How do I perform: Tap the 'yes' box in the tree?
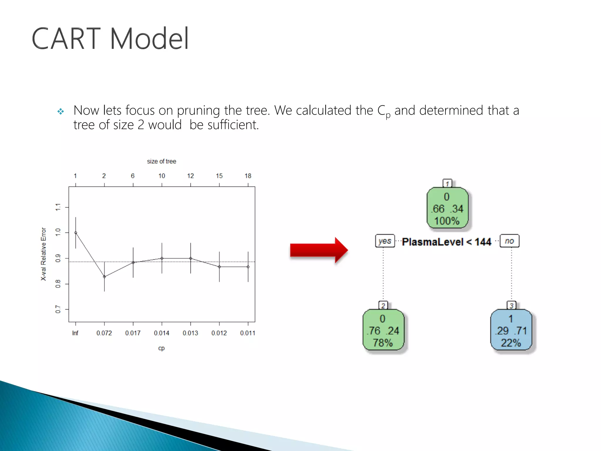385,241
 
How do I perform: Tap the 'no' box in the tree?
509,241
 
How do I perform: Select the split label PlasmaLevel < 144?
446,242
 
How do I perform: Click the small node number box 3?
511,305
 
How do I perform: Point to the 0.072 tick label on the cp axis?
104,333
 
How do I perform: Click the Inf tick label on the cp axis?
75,333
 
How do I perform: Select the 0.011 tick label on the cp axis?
248,333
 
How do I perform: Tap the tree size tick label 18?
248,176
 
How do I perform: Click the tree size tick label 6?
133,176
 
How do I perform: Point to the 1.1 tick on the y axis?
58,207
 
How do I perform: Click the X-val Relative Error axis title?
43,254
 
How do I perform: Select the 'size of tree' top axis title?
161,161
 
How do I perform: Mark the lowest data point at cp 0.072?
104,277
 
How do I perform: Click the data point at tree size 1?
76,233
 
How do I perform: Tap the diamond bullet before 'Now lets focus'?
61,111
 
